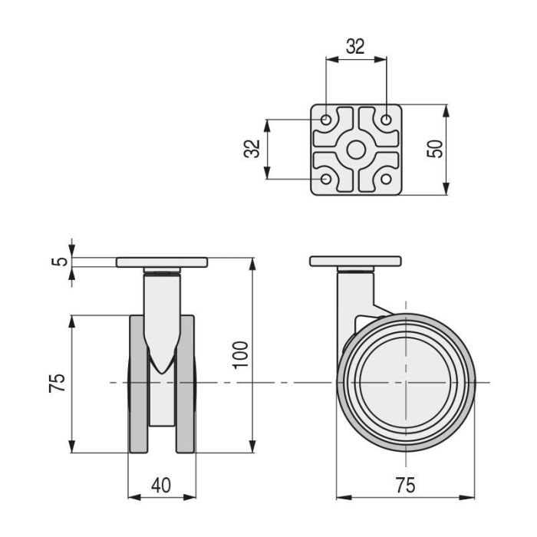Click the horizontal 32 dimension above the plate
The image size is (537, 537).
point(355,46)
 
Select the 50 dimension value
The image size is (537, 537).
point(435,149)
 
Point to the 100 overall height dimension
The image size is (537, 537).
point(241,354)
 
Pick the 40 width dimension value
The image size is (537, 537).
point(160,486)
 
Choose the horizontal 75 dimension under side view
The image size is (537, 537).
point(405,486)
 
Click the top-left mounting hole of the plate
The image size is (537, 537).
point(326,120)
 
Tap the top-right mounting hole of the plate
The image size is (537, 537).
point(387,120)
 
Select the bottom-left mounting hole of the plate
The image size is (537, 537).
point(326,180)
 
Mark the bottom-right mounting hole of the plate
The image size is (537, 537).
point(387,180)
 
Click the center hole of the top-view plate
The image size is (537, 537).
point(356,150)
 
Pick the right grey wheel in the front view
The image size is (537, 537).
point(186,384)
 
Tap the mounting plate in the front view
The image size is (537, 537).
point(162,262)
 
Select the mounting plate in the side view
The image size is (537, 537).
point(355,261)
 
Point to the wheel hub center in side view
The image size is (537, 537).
point(405,382)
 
